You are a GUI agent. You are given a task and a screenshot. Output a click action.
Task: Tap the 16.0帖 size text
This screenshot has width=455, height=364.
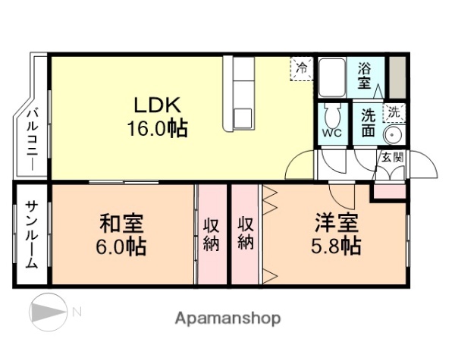coord(157,127)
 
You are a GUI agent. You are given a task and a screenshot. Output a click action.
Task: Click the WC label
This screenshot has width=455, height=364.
coord(331,134)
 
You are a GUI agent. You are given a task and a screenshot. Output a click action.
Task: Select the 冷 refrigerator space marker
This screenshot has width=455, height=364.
coord(303,67)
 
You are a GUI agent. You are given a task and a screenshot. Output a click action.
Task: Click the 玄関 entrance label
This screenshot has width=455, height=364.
coord(391,157)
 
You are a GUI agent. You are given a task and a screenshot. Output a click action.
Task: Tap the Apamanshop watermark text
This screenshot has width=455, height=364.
coord(227,318)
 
